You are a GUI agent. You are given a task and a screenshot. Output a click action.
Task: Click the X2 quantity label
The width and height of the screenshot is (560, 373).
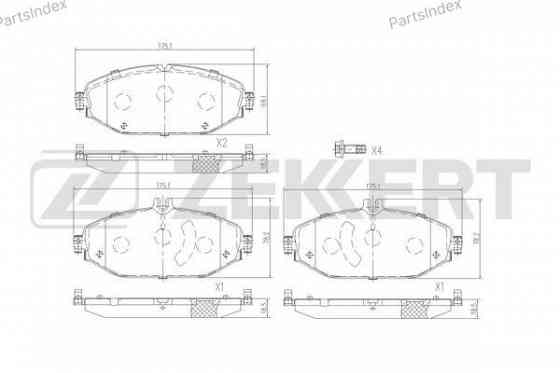coord(223,143)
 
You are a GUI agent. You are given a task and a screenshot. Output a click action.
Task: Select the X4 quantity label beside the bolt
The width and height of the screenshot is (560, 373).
coord(376,151)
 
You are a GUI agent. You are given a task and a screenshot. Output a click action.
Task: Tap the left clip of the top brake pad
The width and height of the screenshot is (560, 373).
coord(77,101)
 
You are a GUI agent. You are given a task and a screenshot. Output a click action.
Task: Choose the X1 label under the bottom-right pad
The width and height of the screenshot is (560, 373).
coord(438,286)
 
